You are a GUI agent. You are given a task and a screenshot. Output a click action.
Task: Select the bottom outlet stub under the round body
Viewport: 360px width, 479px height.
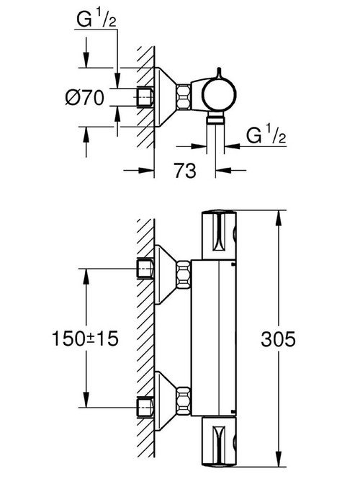(x=217, y=123)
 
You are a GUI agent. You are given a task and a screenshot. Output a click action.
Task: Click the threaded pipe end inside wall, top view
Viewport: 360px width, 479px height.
(x=146, y=96)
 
